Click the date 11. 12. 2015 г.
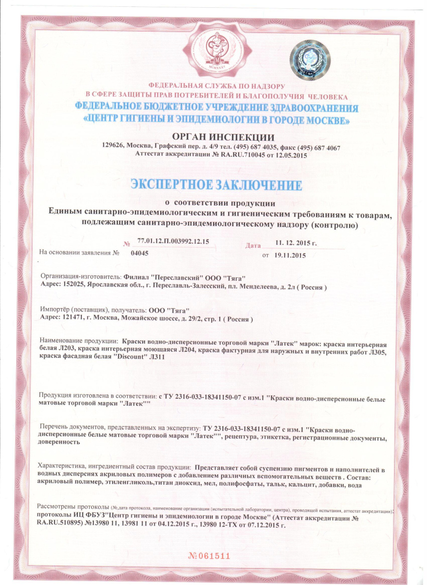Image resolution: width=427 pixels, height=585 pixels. coord(297,242)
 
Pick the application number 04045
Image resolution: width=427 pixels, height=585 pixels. coord(140,253)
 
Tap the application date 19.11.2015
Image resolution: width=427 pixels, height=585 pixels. coord(291,254)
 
